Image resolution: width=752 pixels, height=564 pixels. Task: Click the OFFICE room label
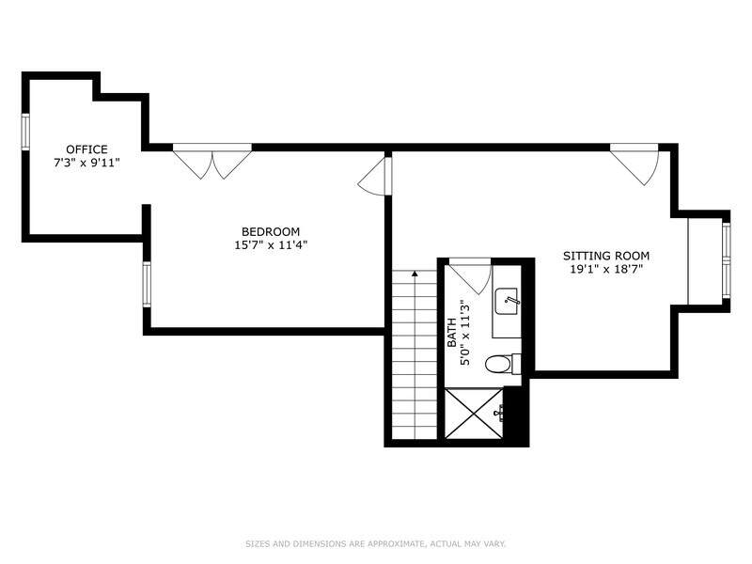[86, 149]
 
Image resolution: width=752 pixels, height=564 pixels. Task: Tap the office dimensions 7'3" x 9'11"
[86, 163]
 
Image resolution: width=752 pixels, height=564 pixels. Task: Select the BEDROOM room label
[271, 231]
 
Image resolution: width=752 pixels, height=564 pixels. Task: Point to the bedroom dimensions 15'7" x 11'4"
[271, 245]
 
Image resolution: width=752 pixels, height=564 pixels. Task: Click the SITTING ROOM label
[606, 256]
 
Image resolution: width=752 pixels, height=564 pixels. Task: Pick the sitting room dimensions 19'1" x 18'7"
[606, 269]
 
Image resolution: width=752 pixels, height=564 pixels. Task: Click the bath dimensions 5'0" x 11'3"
[464, 334]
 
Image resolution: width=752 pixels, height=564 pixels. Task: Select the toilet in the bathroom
[503, 364]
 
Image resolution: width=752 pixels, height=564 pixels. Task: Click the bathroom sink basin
[507, 302]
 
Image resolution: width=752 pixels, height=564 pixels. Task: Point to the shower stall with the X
[474, 414]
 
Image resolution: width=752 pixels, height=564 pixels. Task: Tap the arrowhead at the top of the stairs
[415, 274]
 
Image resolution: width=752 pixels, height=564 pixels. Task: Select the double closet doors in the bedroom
[212, 162]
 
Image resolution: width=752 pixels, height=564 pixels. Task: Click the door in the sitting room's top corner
[635, 164]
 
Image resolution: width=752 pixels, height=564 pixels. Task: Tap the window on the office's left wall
[25, 132]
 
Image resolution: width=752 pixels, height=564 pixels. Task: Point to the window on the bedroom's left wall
[147, 284]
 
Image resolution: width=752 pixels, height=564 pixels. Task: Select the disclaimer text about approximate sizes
[376, 544]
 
